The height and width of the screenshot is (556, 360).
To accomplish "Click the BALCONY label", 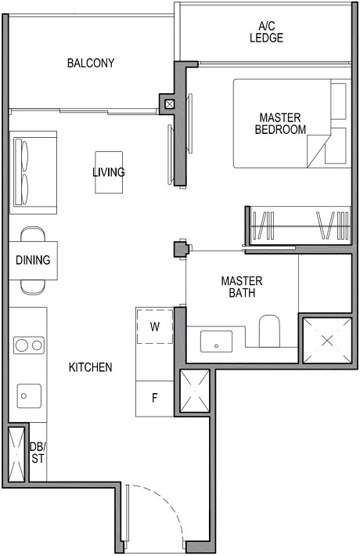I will (x=91, y=63).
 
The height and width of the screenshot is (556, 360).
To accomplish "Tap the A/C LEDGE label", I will (x=266, y=31).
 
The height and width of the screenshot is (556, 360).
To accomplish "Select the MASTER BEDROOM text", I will (x=280, y=124).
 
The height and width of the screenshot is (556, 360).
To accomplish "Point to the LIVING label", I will (x=108, y=172).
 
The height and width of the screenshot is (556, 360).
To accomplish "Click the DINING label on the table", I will (x=33, y=261).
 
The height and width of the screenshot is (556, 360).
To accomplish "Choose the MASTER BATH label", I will (x=242, y=287).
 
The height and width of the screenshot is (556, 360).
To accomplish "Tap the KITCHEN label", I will (x=90, y=366).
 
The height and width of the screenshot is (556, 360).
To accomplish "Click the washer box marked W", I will (x=154, y=327).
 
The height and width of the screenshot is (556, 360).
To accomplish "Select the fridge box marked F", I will (x=154, y=397).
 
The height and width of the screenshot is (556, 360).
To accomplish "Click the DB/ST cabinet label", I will (x=37, y=453).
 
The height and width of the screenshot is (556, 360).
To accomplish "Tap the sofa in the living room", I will (x=33, y=172).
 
